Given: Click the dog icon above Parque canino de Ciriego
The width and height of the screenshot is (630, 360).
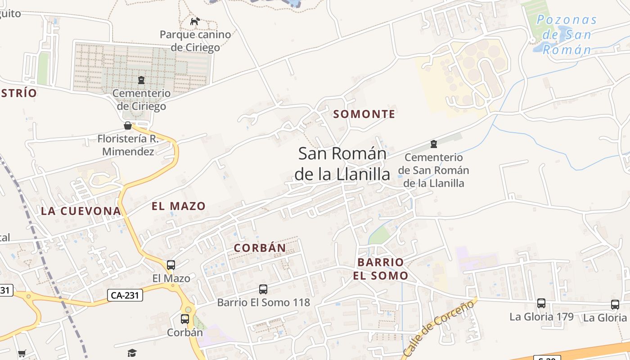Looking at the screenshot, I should tap(195, 21).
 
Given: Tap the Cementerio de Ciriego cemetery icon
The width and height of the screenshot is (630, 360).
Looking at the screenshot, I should tap(141, 80).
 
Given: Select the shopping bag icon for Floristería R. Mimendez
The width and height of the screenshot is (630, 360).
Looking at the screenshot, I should tap(128, 126).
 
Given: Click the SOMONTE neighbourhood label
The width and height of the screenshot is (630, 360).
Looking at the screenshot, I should tap(364, 114).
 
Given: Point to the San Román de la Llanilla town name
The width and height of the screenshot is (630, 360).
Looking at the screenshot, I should tap(342, 164).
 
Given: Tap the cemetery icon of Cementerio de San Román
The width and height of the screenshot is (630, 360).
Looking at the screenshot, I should tap(433, 144).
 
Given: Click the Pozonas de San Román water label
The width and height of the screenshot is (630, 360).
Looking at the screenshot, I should tap(567, 35).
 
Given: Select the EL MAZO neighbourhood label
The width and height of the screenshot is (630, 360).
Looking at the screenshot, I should tap(179, 207).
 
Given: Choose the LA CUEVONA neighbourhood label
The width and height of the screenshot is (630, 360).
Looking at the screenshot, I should tap(81, 211).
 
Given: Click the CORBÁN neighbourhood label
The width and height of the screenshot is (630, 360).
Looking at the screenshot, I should tap(260, 248).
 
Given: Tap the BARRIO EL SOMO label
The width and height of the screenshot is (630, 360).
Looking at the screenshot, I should tap(381, 269).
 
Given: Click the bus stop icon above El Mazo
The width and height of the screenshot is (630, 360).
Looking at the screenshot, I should tap(171, 265).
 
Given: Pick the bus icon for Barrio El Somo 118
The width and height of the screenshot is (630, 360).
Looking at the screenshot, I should tap(263, 289).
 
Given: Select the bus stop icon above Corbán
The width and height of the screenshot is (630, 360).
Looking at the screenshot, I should tap(185, 319).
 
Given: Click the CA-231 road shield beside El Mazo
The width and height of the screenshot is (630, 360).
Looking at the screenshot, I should tap(125, 295).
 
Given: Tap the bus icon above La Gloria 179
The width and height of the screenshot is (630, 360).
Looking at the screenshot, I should tap(541, 303).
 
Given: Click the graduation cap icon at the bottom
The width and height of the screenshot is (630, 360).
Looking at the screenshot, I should tap(132, 353).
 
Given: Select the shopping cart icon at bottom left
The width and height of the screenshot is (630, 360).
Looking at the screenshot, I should tap(22, 354).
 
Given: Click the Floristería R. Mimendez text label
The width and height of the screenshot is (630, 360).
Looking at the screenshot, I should tap(128, 145).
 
